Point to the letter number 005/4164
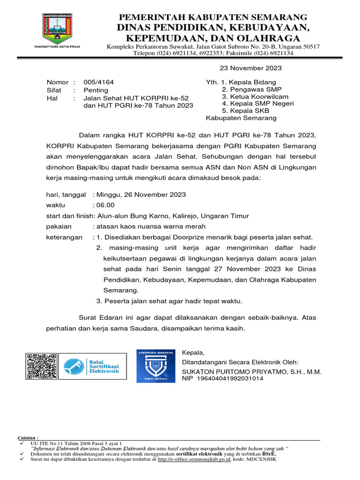98,82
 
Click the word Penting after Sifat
96,90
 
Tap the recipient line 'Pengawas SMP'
249,89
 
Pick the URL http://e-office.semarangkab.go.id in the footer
194,460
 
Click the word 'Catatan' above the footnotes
28,437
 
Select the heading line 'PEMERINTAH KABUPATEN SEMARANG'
213,17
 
